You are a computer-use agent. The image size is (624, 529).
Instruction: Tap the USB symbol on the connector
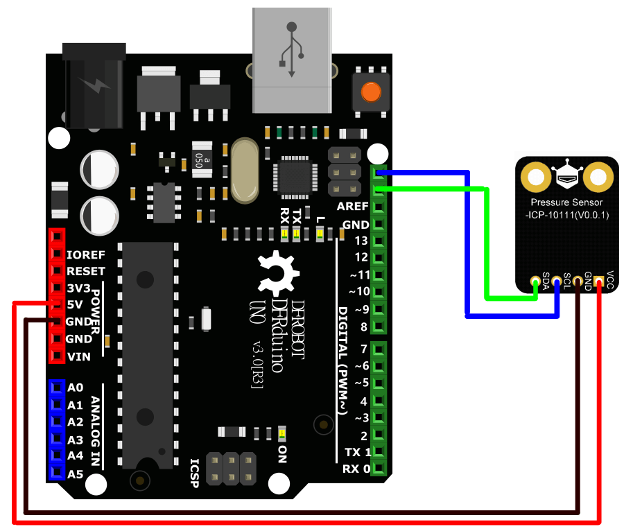click(x=291, y=49)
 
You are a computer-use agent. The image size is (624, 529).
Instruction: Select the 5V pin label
click(x=75, y=305)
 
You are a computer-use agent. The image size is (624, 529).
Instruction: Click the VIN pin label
click(x=78, y=357)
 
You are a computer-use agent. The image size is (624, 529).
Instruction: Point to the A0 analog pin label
click(x=76, y=388)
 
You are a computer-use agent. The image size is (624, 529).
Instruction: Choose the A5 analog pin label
click(x=76, y=475)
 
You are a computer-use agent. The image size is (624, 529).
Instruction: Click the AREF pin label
click(x=352, y=207)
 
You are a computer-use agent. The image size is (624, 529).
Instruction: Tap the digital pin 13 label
click(x=361, y=241)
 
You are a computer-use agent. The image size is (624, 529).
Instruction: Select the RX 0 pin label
click(x=355, y=469)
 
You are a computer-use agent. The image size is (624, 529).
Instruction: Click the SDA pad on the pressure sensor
click(x=535, y=282)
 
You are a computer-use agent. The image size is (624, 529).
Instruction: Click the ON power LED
click(x=282, y=433)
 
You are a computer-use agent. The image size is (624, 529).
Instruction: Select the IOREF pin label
click(x=86, y=254)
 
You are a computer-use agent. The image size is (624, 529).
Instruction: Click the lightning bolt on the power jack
click(x=95, y=85)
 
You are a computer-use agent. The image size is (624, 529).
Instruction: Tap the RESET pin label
click(x=86, y=271)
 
